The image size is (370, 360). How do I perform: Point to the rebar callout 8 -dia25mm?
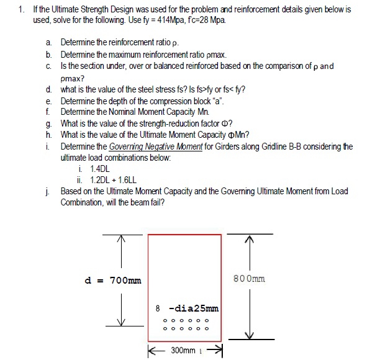point(186,308)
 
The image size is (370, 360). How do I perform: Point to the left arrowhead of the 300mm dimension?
point(151,350)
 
